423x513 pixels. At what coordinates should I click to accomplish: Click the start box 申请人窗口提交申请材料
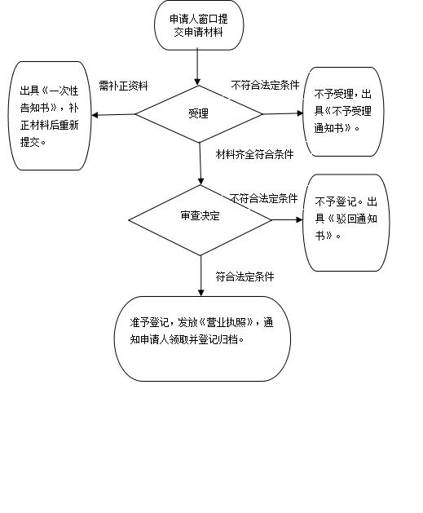(199, 25)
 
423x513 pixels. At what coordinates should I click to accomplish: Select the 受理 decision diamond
(199, 114)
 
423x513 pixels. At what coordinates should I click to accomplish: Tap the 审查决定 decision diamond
(200, 220)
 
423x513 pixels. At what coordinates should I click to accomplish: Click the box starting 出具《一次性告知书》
(50, 116)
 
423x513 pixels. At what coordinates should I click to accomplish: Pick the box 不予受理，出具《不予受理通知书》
(343, 112)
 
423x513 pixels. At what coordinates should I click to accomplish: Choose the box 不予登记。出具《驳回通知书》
(346, 223)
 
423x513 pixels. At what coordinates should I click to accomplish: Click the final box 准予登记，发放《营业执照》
(202, 338)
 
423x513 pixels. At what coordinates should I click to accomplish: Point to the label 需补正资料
(124, 86)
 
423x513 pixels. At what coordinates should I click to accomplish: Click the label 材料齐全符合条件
(254, 154)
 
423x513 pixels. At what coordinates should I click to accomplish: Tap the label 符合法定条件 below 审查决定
(245, 276)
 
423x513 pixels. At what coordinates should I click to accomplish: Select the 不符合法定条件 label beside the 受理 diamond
(265, 85)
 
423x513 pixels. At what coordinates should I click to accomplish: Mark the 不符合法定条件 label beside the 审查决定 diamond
(263, 198)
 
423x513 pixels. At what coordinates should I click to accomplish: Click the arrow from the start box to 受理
(197, 68)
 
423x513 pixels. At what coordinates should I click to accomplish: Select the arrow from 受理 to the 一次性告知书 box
(113, 114)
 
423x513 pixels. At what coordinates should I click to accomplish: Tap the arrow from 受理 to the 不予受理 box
(283, 113)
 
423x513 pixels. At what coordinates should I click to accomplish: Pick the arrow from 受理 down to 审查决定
(200, 164)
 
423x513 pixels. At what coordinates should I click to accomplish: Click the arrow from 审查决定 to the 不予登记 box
(288, 220)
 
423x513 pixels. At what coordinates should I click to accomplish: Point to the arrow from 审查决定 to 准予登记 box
(201, 276)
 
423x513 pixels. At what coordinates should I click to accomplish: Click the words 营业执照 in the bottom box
(227, 323)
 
